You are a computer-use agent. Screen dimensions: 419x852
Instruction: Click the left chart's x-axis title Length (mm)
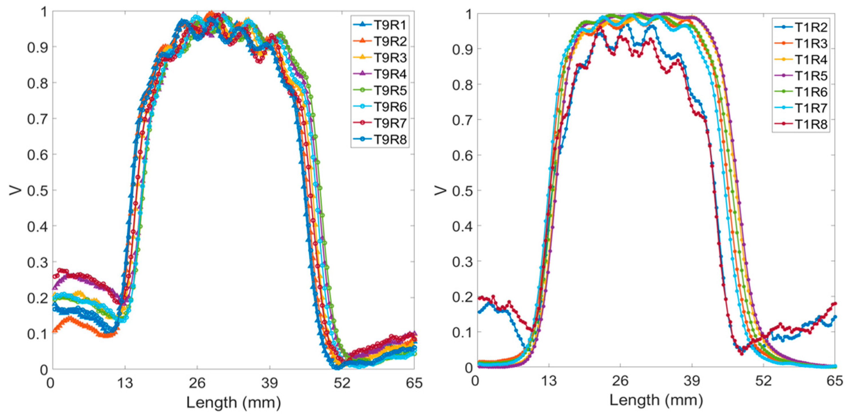(x=233, y=402)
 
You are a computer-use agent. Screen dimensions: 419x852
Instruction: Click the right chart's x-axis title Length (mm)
(x=656, y=400)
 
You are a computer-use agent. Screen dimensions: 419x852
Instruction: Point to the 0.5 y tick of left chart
(x=37, y=191)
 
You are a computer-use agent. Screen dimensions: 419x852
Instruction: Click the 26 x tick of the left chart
(x=197, y=383)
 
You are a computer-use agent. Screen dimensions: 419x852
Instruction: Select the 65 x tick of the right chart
(x=835, y=381)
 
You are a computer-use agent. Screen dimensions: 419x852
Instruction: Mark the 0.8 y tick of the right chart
(x=462, y=84)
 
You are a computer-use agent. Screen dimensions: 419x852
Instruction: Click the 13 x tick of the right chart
(x=549, y=381)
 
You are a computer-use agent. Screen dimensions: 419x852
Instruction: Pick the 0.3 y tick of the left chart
(x=37, y=262)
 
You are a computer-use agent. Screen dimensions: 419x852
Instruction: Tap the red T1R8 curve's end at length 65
(x=835, y=303)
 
